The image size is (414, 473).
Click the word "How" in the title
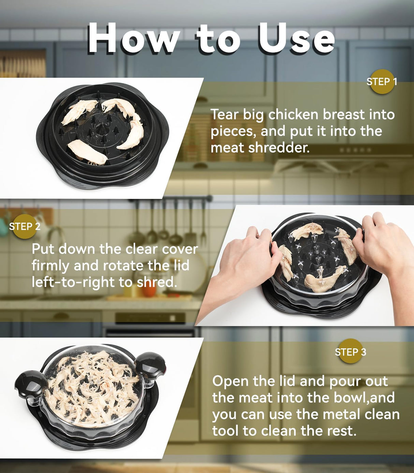pyautogui.click(x=133, y=39)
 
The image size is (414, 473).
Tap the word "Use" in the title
pyautogui.click(x=296, y=39)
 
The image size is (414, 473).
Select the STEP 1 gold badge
pyautogui.click(x=382, y=82)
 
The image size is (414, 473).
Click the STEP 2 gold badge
pyautogui.click(x=24, y=226)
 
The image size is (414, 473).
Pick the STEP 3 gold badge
pyautogui.click(x=350, y=352)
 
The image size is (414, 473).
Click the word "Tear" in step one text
pyautogui.click(x=224, y=115)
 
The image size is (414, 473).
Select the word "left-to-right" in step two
pyautogui.click(x=73, y=282)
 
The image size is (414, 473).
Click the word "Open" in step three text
pyautogui.click(x=230, y=381)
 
